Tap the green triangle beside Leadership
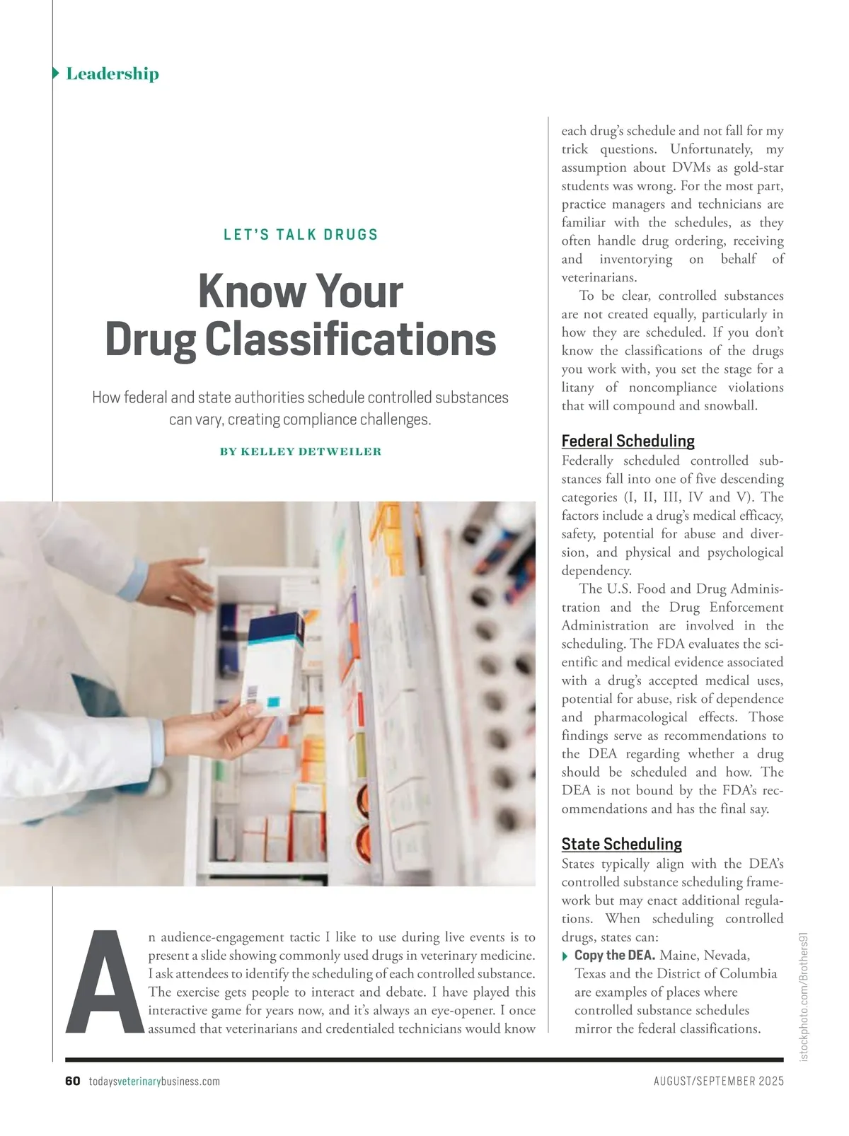(x=56, y=74)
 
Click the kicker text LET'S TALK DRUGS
(x=301, y=235)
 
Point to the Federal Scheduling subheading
(x=628, y=441)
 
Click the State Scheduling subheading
(x=621, y=844)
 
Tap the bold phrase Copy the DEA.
(x=614, y=955)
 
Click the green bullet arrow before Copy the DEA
(x=565, y=956)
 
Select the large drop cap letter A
(x=104, y=981)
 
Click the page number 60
(x=72, y=1082)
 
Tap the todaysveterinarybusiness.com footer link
(x=154, y=1082)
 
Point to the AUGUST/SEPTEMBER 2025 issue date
(x=718, y=1082)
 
